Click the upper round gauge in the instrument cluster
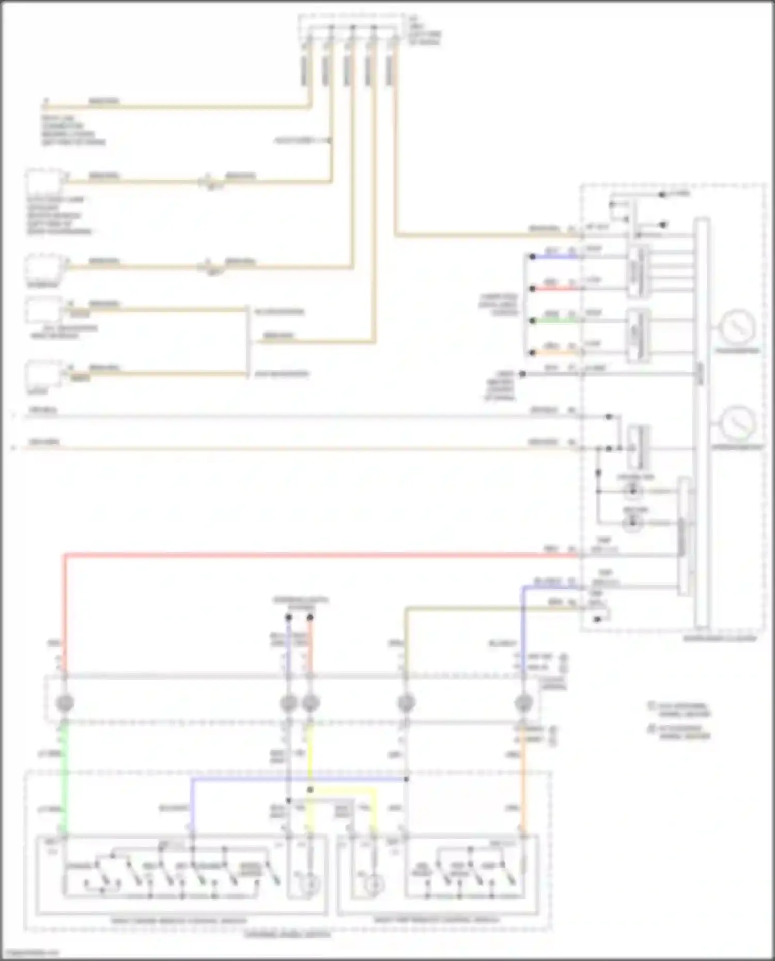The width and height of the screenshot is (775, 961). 738,326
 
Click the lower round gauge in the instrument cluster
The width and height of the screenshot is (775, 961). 738,422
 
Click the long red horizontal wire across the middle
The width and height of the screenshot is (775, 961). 310,556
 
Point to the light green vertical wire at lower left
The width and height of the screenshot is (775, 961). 65,775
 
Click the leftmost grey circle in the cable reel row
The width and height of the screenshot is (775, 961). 65,703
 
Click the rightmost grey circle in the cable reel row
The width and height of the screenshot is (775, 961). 523,703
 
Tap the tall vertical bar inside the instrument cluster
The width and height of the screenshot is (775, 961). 702,423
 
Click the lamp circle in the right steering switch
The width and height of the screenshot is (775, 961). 371,885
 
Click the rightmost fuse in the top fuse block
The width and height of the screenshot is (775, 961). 389,70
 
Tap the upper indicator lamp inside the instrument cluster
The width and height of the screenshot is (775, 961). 633,491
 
